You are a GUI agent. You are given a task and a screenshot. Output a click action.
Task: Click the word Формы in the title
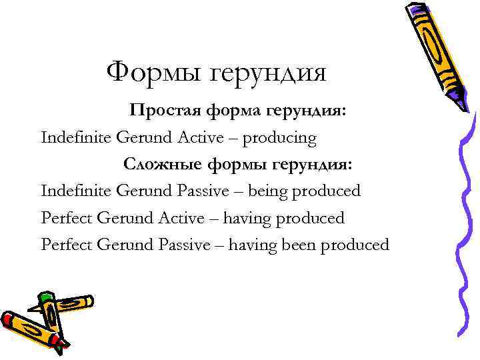[155, 72]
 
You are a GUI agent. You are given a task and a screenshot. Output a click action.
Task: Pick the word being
[267, 191]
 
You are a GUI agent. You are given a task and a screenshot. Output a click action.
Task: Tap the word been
[299, 245]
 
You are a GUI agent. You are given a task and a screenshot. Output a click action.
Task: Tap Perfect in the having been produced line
[67, 245]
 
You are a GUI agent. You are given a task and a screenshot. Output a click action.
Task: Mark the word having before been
[251, 245]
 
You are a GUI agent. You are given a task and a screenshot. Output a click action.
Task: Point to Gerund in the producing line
[145, 138]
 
